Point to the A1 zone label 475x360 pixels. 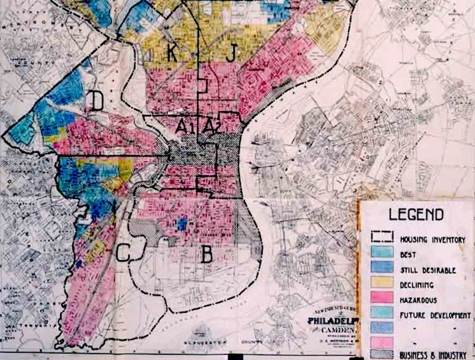pyautogui.click(x=185, y=126)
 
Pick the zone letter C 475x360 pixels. pyautogui.click(x=123, y=253)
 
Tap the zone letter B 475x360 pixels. pyautogui.click(x=207, y=255)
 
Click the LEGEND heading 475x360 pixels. pyautogui.click(x=416, y=215)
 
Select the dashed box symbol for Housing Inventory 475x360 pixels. pyautogui.click(x=382, y=237)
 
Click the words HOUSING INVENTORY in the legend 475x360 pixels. pyautogui.click(x=432, y=240)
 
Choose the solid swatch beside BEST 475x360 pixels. pyautogui.click(x=382, y=252)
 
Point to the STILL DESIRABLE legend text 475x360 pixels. pyautogui.click(x=428, y=270)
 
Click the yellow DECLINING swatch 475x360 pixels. pyautogui.click(x=382, y=282)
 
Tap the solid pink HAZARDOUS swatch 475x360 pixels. pyautogui.click(x=382, y=298)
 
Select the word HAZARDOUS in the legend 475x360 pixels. pyautogui.click(x=418, y=300)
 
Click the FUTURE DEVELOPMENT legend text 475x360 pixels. pyautogui.click(x=435, y=315)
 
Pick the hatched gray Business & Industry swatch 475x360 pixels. pyautogui.click(x=382, y=354)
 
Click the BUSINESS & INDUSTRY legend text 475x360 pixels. pyautogui.click(x=433, y=355)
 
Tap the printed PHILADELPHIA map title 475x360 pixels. pyautogui.click(x=333, y=321)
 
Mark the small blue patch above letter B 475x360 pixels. pyautogui.click(x=182, y=224)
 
